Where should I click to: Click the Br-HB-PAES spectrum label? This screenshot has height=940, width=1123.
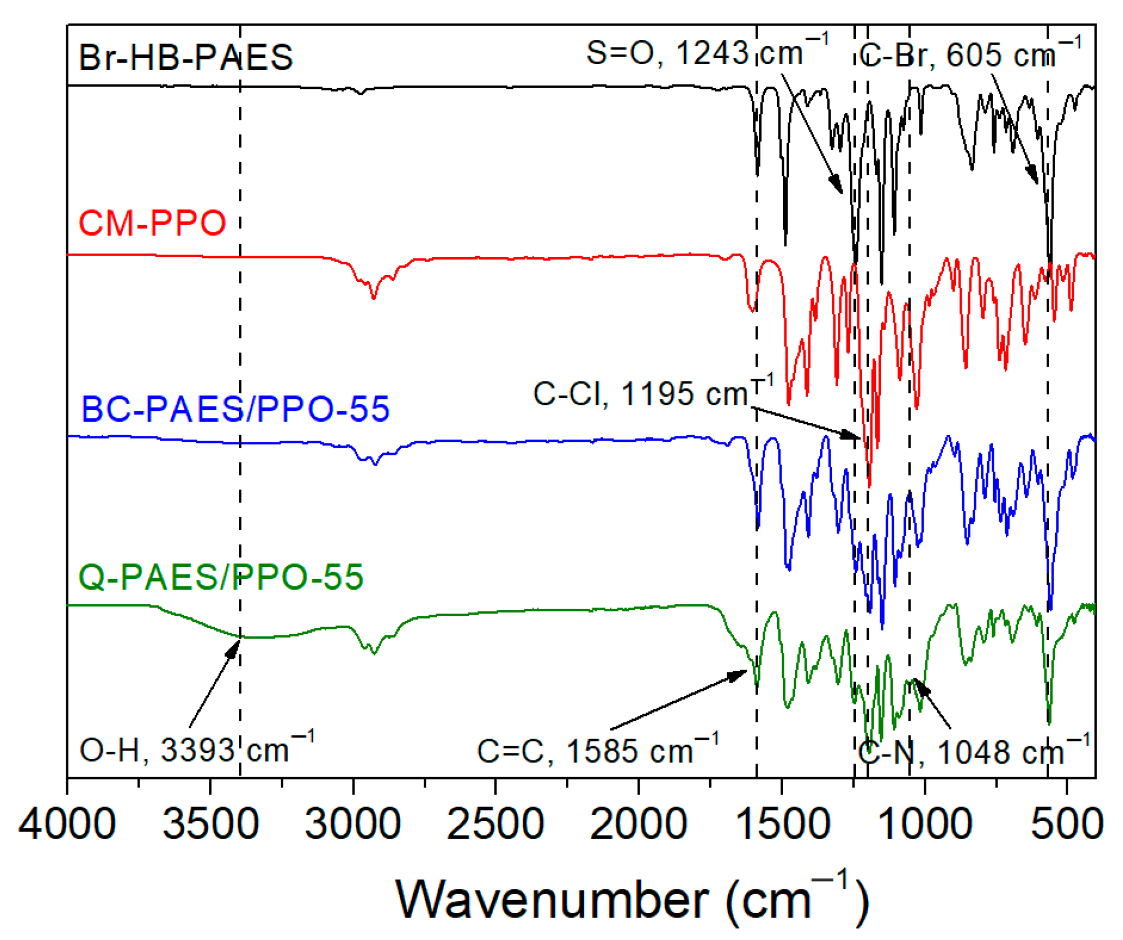click(x=186, y=58)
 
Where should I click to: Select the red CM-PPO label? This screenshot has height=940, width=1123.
click(x=152, y=223)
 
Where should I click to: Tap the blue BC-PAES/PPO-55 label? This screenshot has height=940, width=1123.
click(x=235, y=409)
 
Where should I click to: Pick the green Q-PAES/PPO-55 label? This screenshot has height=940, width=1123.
click(x=221, y=577)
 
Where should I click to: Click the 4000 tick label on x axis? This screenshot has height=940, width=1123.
click(x=67, y=824)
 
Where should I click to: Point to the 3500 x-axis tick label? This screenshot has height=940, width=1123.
click(x=210, y=824)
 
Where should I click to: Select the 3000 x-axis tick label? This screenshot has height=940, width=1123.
click(x=353, y=824)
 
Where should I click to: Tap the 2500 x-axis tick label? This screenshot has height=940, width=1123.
click(x=495, y=824)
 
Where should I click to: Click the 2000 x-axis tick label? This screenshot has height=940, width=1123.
click(x=639, y=824)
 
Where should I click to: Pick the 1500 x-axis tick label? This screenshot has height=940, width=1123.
click(x=781, y=824)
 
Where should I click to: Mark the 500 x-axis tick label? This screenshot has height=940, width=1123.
click(x=1067, y=824)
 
